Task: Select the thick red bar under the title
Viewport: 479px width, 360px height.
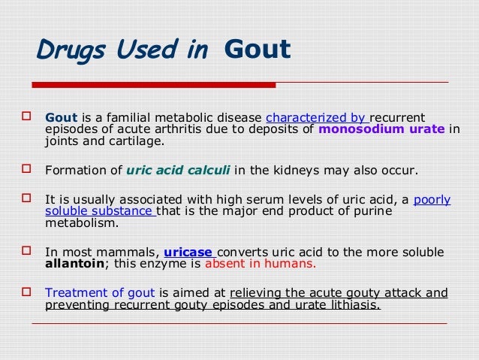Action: point(153,85)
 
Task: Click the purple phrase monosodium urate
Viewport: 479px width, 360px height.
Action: point(381,129)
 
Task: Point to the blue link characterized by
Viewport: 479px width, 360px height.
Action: point(315,117)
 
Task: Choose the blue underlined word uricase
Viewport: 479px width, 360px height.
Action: point(183,253)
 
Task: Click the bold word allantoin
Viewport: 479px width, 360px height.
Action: point(72,265)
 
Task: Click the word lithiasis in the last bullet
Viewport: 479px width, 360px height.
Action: point(354,305)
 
